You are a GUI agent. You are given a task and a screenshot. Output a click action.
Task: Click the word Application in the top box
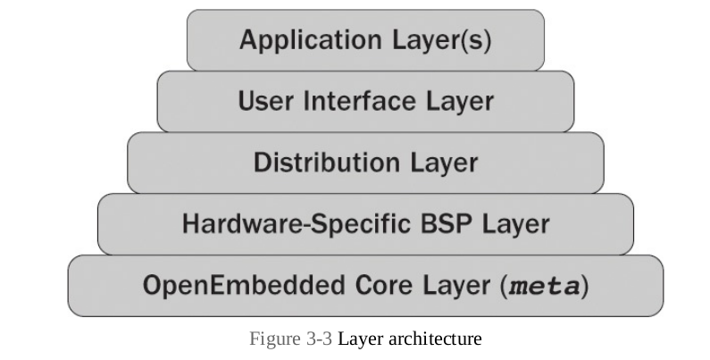pos(297,40)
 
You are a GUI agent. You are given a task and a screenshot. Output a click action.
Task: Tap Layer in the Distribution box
pos(444,163)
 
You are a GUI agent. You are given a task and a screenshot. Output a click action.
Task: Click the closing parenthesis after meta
pos(586,287)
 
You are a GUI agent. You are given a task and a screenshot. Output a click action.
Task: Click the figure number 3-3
pos(317,339)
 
